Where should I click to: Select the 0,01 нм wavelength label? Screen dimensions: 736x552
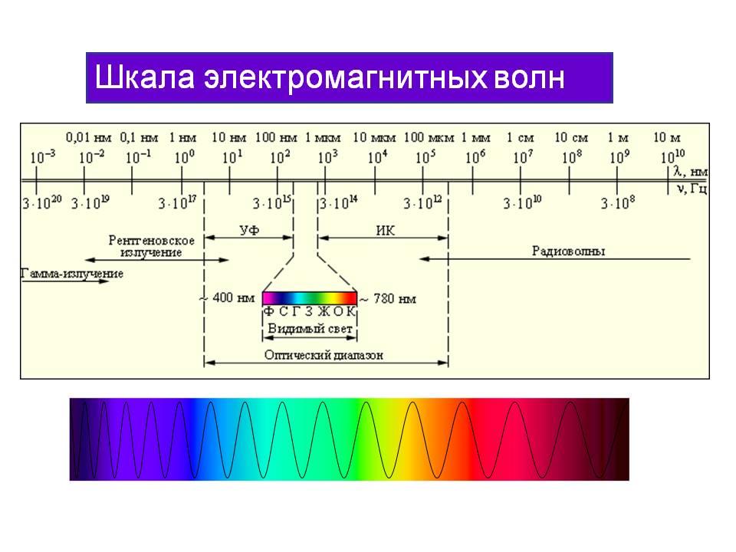pyautogui.click(x=89, y=137)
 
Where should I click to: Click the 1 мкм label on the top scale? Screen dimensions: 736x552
pyautogui.click(x=323, y=138)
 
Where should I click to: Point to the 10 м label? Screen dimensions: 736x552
pyautogui.click(x=667, y=137)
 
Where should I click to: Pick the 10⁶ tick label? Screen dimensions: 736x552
pyautogui.click(x=475, y=156)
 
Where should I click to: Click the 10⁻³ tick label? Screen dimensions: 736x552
pyautogui.click(x=43, y=156)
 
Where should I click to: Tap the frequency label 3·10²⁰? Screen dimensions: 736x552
pyautogui.click(x=42, y=202)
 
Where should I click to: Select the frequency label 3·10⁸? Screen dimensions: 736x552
pyautogui.click(x=618, y=202)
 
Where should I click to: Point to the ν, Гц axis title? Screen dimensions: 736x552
pyautogui.click(x=692, y=189)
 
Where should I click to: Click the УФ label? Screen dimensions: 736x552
pyautogui.click(x=249, y=230)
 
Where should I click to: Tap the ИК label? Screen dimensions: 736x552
pyautogui.click(x=386, y=231)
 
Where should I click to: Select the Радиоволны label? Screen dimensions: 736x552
pyautogui.click(x=568, y=251)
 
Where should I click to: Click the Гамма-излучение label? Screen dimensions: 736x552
pyautogui.click(x=72, y=274)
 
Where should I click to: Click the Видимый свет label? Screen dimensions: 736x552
pyautogui.click(x=310, y=329)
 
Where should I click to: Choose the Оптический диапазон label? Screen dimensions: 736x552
pyautogui.click(x=324, y=355)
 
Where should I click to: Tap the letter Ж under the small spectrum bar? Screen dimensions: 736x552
pyautogui.click(x=324, y=311)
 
